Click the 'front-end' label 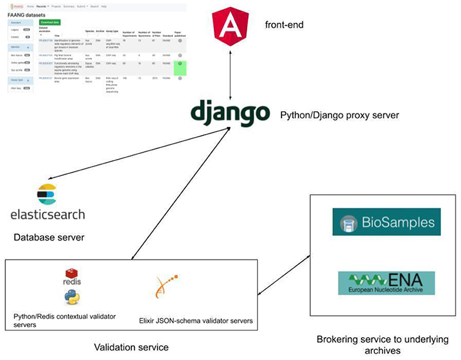tap(283, 25)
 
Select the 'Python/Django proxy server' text tap(340, 116)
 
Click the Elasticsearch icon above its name tap(47, 194)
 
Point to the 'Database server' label tap(48, 237)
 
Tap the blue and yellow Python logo tap(72, 297)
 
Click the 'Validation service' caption tap(131, 347)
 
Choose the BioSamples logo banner tap(386, 222)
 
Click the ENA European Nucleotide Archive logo tap(386, 282)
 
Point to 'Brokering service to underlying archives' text tap(381, 344)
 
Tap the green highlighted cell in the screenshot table tap(180, 68)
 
